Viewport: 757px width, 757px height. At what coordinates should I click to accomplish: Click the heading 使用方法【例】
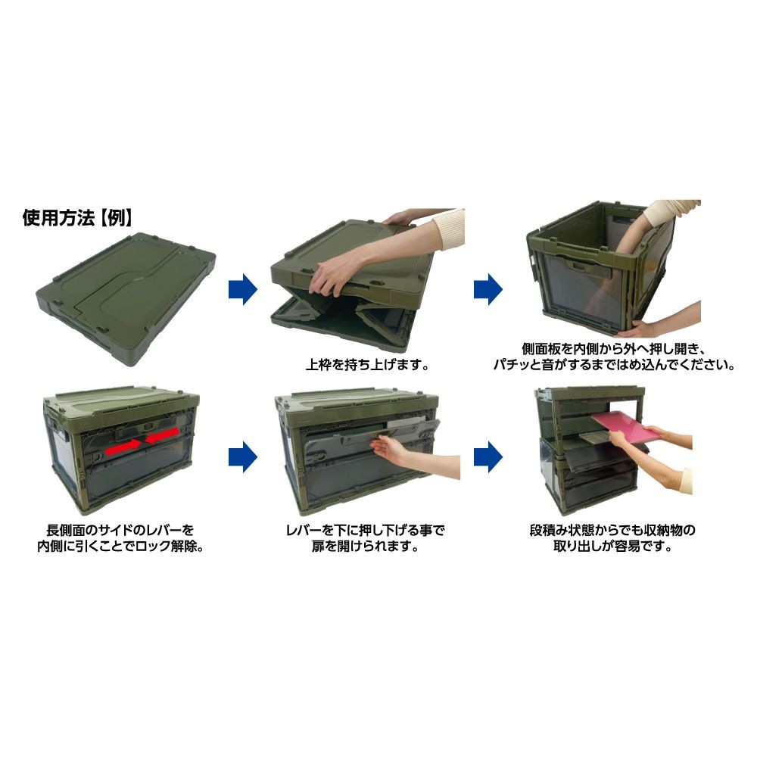pyautogui.click(x=77, y=218)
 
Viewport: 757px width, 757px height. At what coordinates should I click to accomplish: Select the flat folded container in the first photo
pyautogui.click(x=126, y=299)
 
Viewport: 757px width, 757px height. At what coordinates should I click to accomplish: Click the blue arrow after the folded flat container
pyautogui.click(x=243, y=290)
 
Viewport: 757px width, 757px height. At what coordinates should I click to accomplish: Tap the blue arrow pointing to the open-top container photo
pyautogui.click(x=488, y=290)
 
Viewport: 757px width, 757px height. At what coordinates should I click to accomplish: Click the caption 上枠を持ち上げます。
pyautogui.click(x=367, y=364)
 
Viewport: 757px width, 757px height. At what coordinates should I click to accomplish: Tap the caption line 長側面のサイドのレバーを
pyautogui.click(x=120, y=530)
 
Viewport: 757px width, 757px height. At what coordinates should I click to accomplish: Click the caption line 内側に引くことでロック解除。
pyautogui.click(x=120, y=547)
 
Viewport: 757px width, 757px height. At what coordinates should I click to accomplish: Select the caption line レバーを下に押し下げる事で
pyautogui.click(x=365, y=530)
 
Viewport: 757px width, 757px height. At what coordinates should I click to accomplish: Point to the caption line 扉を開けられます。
pyautogui.click(x=365, y=547)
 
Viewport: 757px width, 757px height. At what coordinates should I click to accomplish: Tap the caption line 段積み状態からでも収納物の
pyautogui.click(x=612, y=530)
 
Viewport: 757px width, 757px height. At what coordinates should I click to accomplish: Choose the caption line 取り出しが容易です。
pyautogui.click(x=612, y=547)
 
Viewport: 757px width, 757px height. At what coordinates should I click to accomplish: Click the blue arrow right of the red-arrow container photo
pyautogui.click(x=243, y=456)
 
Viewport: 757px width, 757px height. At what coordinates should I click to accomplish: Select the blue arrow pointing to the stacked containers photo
pyautogui.click(x=488, y=456)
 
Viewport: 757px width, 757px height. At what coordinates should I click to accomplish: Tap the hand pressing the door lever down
pyautogui.click(x=392, y=447)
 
